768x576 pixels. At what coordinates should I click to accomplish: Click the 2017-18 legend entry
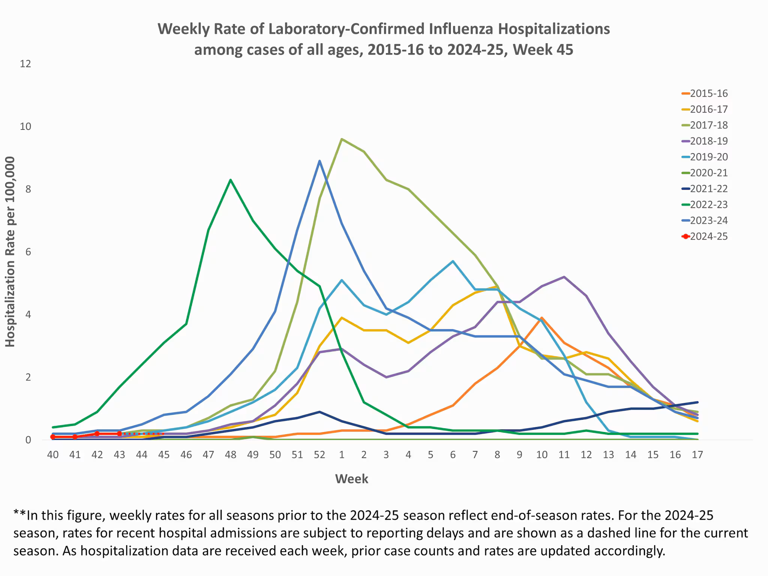pyautogui.click(x=708, y=125)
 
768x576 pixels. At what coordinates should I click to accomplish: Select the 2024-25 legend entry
pyautogui.click(x=708, y=237)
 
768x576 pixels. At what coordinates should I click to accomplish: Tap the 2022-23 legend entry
pyautogui.click(x=708, y=205)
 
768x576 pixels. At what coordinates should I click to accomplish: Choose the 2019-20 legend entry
pyautogui.click(x=708, y=157)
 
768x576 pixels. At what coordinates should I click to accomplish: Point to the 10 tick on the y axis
pyautogui.click(x=25, y=126)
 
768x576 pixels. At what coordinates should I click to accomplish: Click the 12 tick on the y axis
pyautogui.click(x=25, y=64)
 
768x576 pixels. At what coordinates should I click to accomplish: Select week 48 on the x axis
pyautogui.click(x=231, y=455)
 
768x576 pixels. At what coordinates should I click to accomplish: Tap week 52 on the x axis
pyautogui.click(x=319, y=455)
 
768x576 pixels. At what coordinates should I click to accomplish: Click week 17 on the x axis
pyautogui.click(x=697, y=455)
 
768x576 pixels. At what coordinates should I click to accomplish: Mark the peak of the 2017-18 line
pyautogui.click(x=342, y=139)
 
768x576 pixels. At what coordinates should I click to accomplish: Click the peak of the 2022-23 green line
pyautogui.click(x=231, y=180)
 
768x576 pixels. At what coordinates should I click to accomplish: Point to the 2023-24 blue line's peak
pyautogui.click(x=319, y=161)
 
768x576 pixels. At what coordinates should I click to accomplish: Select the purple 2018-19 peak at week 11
pyautogui.click(x=564, y=277)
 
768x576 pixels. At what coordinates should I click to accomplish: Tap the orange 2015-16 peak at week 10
pyautogui.click(x=542, y=318)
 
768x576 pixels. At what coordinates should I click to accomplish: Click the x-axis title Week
pyautogui.click(x=351, y=479)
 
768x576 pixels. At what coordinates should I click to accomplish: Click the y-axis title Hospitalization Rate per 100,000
pyautogui.click(x=10, y=252)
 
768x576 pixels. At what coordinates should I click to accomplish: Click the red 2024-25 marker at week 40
pyautogui.click(x=53, y=437)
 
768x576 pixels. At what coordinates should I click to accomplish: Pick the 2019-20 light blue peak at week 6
pyautogui.click(x=453, y=261)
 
